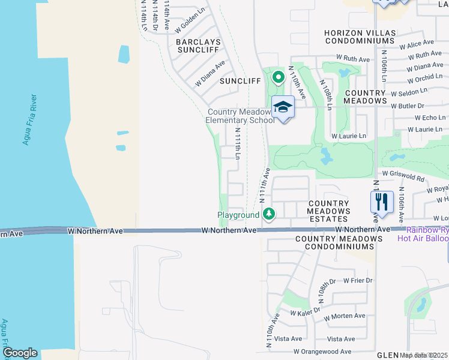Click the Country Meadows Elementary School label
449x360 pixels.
(240, 116)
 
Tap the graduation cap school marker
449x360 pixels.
(283, 108)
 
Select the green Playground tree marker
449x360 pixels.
(270, 214)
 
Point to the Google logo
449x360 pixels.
(20, 352)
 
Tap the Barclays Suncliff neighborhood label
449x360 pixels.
(199, 47)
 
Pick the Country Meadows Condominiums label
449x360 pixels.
(339, 244)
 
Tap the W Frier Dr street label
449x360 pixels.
(358, 280)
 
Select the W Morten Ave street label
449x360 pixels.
(344, 316)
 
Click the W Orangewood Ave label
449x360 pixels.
(322, 352)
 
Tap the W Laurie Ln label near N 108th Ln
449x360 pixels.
(349, 136)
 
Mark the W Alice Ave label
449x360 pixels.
(420, 43)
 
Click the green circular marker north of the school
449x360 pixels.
(278, 77)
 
